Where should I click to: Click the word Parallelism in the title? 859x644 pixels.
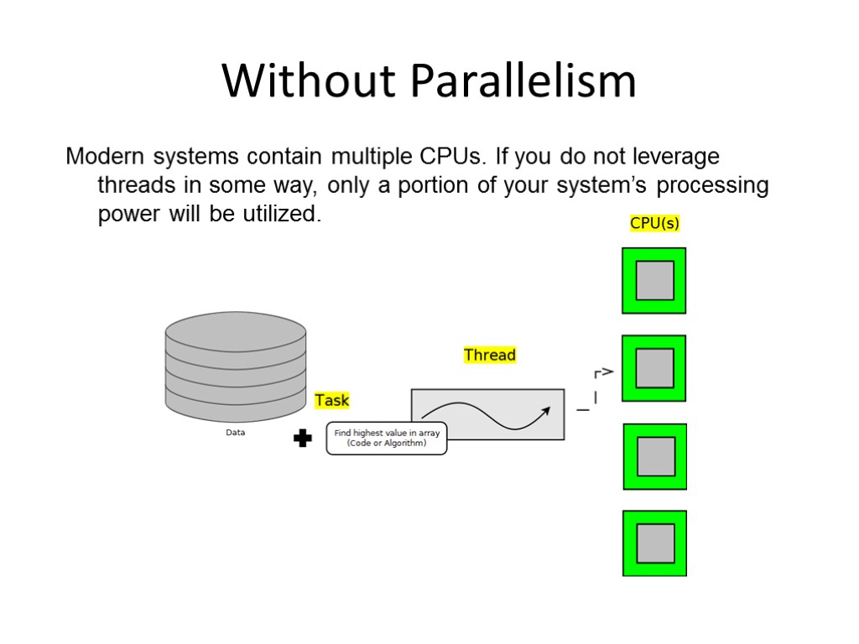(x=523, y=82)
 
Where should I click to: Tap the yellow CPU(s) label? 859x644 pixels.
(x=654, y=223)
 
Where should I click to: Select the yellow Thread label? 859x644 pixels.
(x=490, y=355)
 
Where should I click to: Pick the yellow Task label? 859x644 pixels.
(x=332, y=400)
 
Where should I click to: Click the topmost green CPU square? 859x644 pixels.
(x=654, y=280)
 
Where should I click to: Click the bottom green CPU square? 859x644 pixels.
(x=654, y=543)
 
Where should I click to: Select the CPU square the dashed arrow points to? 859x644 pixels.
(x=654, y=368)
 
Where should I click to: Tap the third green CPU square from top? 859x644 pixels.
(x=654, y=456)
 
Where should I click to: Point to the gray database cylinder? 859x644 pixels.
(x=236, y=367)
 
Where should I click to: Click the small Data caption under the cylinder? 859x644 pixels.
(x=236, y=433)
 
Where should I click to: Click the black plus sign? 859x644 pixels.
(x=303, y=438)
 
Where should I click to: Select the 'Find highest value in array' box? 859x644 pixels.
(x=386, y=438)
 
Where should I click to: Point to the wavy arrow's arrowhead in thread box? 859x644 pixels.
(x=546, y=410)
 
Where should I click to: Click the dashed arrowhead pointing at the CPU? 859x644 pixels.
(x=607, y=371)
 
